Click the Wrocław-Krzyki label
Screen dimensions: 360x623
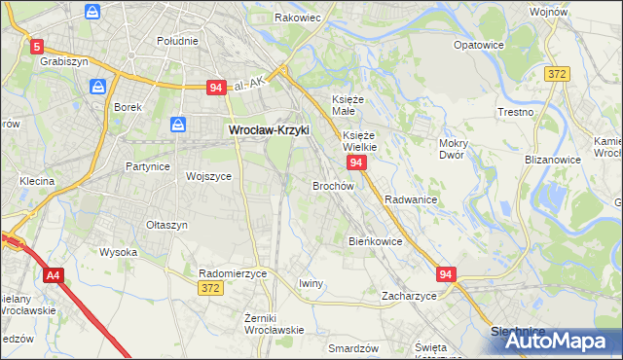[x=268, y=128]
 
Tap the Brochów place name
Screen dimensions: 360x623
[x=332, y=185]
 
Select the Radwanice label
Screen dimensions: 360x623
[x=410, y=198]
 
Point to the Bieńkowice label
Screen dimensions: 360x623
[x=376, y=240]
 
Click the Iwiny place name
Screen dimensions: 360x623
[x=311, y=283]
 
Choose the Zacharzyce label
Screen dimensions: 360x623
[x=409, y=295]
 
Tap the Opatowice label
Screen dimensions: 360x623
[x=478, y=45]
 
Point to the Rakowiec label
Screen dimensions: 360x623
[x=297, y=18]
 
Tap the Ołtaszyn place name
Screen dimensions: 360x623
[x=166, y=225]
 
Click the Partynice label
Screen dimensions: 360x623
[x=148, y=166]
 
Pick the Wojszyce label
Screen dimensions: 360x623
[x=208, y=176]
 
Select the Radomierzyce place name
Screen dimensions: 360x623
[x=233, y=273]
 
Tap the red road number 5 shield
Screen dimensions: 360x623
[x=37, y=46]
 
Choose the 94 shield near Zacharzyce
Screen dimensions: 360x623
[x=446, y=275]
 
